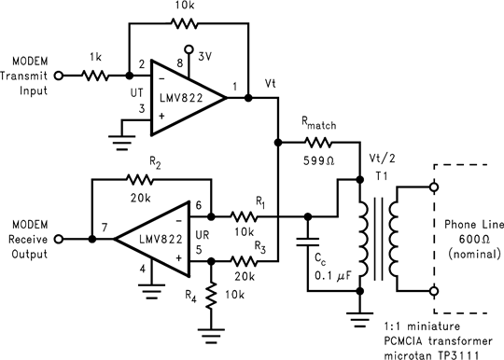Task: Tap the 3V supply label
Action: (204, 55)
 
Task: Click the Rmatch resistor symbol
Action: (318, 143)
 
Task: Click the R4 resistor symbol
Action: (212, 296)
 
